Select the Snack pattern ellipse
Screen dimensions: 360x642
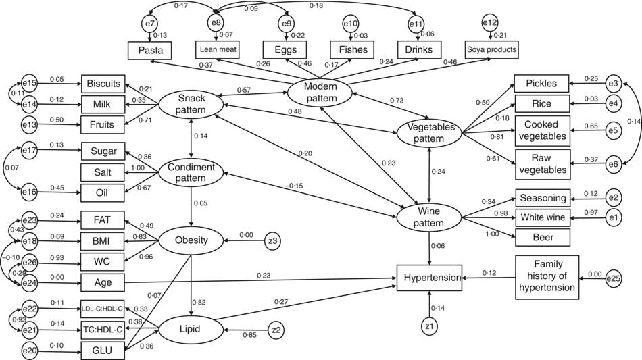tap(192, 103)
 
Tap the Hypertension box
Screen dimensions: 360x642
tap(429, 277)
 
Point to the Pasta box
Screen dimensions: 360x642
tap(150, 49)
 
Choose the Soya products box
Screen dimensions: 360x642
tap(491, 49)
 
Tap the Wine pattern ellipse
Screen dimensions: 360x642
tap(428, 217)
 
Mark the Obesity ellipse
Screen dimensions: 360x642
tap(192, 239)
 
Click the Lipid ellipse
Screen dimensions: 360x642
tap(192, 329)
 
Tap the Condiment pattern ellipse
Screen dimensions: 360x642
tap(192, 172)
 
